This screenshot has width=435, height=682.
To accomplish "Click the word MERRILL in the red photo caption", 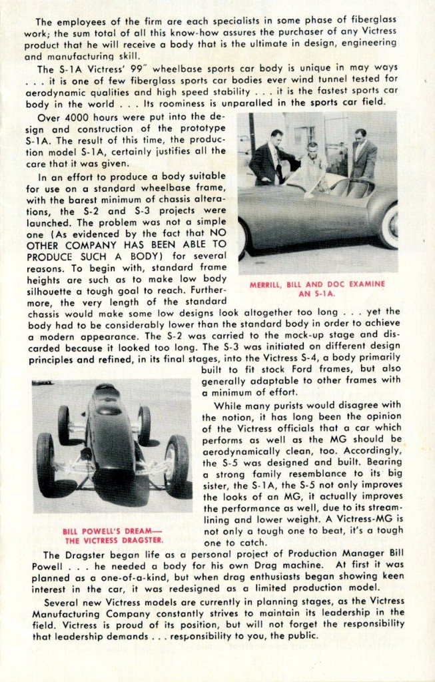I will [270, 284].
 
